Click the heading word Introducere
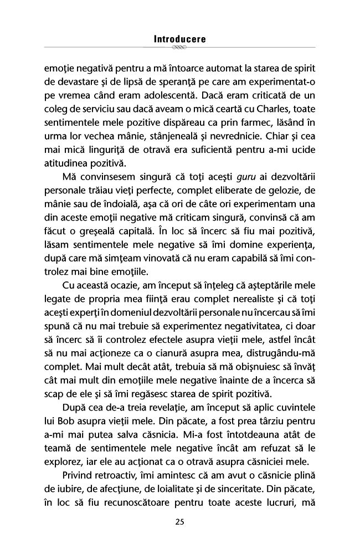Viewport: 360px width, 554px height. point(179,40)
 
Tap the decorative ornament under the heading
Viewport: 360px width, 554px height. point(179,48)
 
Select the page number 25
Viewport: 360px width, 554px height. point(179,521)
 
